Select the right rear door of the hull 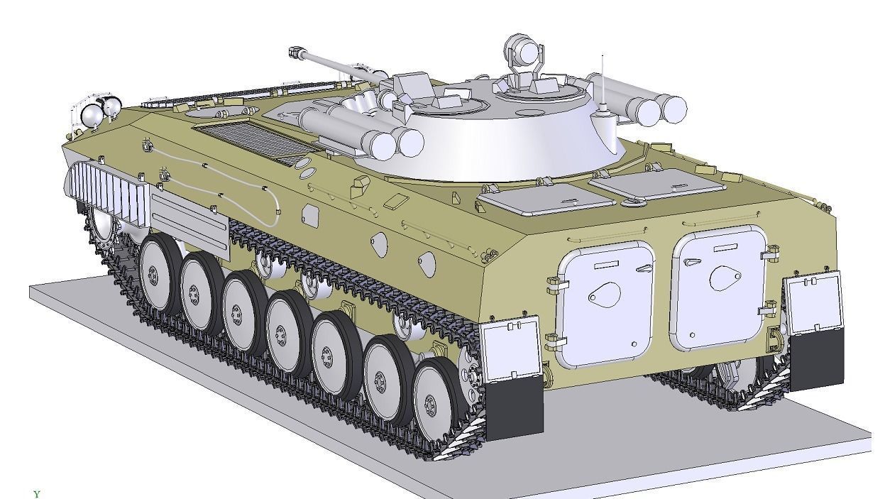point(718,287)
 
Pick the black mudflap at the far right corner point(816,359)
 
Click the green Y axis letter point(37,493)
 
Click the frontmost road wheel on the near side point(158,273)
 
